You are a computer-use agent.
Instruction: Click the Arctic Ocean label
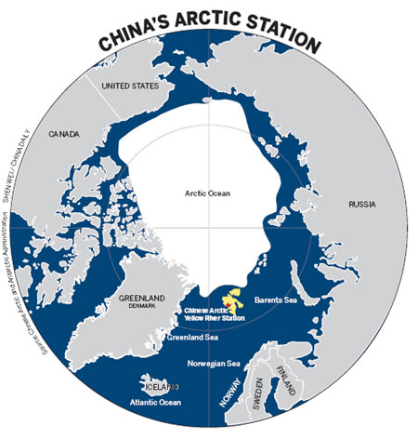(x=208, y=193)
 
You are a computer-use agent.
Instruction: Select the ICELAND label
(x=157, y=384)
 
